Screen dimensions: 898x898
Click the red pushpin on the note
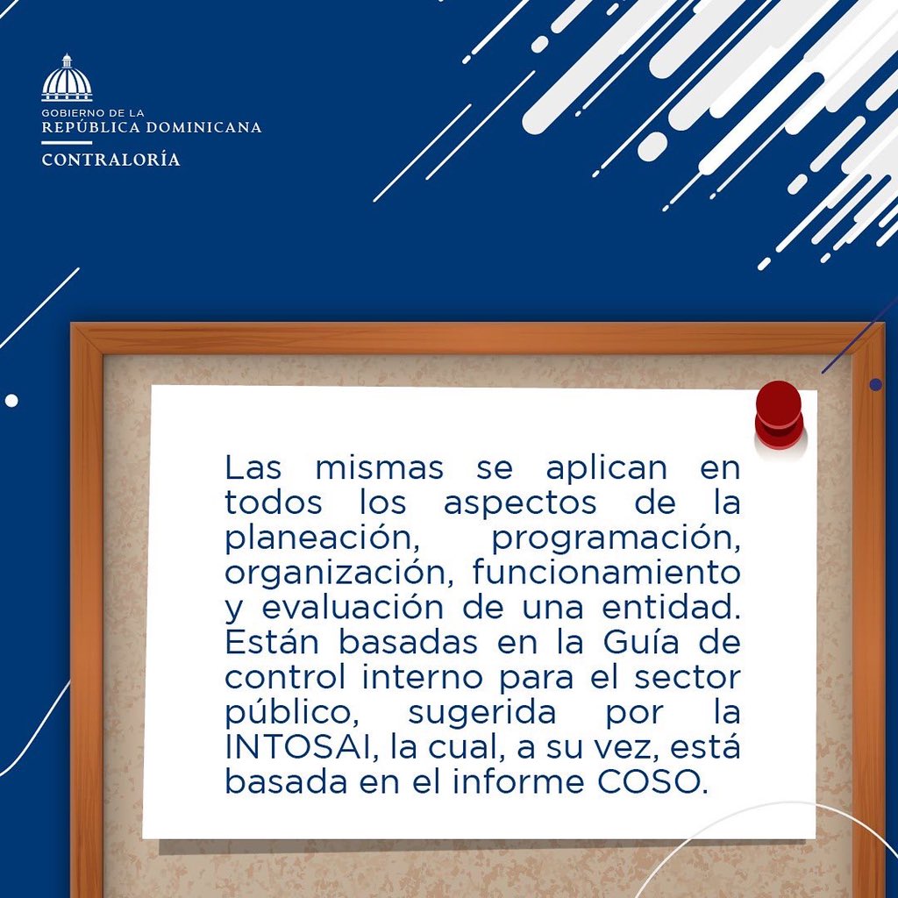click(779, 413)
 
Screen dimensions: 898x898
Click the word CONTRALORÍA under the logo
click(110, 160)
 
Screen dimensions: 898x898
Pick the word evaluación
click(351, 608)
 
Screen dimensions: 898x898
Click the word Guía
click(631, 642)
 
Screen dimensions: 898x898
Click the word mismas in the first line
click(379, 468)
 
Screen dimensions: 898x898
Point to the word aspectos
click(520, 503)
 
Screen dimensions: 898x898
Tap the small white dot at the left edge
click(11, 401)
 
